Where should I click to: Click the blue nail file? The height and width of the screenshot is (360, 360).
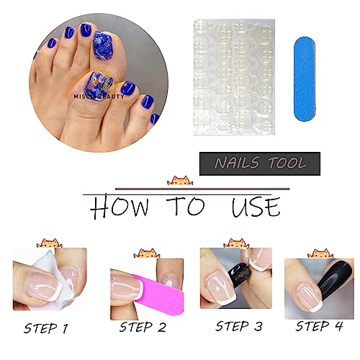[x=305, y=79]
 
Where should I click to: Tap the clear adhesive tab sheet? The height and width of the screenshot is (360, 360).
[x=234, y=77]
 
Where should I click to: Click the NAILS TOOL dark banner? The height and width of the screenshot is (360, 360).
[x=260, y=163]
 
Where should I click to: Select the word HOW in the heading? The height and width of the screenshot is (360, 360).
[x=120, y=208]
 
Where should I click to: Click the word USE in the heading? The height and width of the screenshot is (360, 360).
[x=256, y=207]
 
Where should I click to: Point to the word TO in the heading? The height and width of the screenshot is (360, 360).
[x=186, y=206]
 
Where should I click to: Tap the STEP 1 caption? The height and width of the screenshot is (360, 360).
[x=45, y=328]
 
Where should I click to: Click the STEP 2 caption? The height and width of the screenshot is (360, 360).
[x=143, y=327]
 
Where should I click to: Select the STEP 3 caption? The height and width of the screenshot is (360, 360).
[x=239, y=326]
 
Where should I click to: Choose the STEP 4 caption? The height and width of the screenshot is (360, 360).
[x=319, y=326]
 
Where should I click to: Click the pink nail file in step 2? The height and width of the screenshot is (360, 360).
[x=158, y=295]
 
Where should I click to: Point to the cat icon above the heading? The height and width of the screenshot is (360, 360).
[x=180, y=181]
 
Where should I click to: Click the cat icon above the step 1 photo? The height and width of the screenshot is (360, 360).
[x=50, y=243]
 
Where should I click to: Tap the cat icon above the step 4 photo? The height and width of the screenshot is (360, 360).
[x=320, y=253]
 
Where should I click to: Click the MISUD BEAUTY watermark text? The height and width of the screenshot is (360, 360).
[x=99, y=96]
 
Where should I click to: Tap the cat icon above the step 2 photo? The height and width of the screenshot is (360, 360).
[x=147, y=253]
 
